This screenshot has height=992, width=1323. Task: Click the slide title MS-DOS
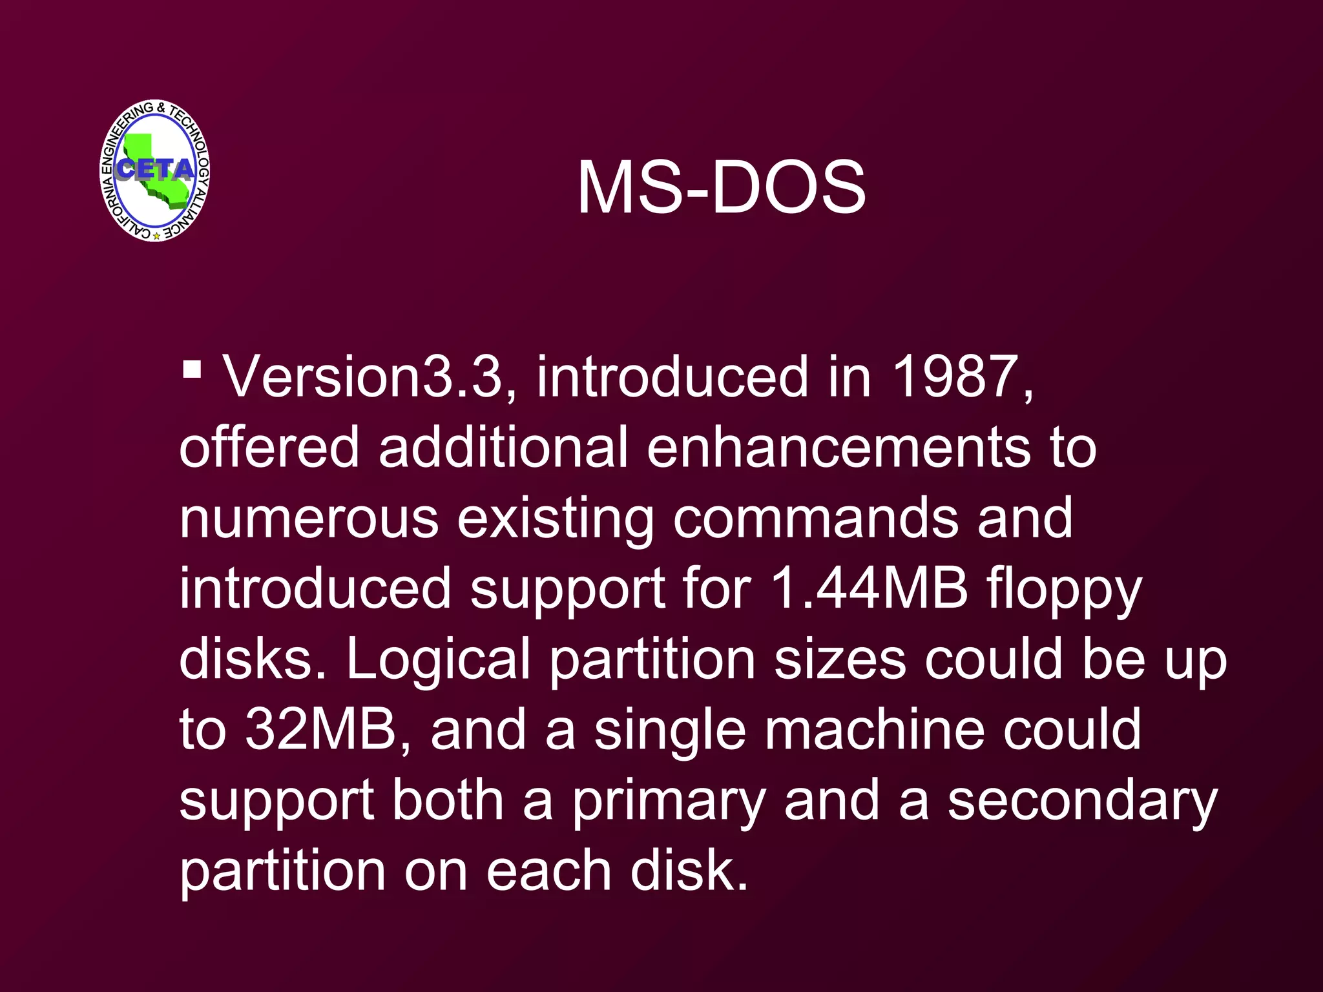coord(721,188)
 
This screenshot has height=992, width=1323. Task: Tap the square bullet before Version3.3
coord(192,370)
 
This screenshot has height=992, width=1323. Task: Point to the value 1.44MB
coord(869,588)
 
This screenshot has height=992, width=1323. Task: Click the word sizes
coord(840,659)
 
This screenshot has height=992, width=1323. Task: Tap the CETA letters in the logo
coord(156,169)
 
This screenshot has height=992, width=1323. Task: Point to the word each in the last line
coord(548,871)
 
